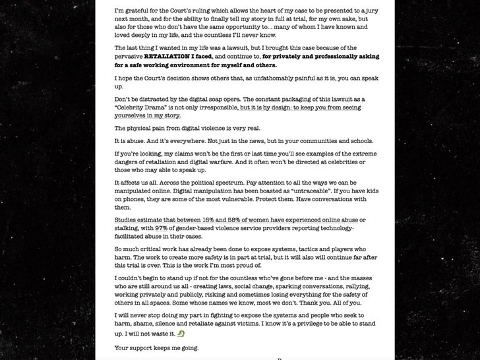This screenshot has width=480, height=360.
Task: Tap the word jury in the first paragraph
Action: point(367,11)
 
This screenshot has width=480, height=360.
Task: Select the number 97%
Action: point(171,228)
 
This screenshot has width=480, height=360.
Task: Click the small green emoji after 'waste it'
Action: point(180,334)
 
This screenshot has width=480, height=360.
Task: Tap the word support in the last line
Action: point(146,347)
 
